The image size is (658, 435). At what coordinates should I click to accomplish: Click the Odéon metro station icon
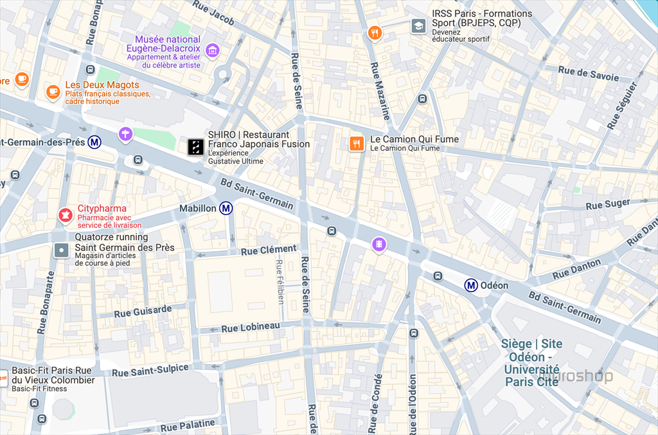(x=471, y=285)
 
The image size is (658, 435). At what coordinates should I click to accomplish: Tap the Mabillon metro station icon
(x=226, y=208)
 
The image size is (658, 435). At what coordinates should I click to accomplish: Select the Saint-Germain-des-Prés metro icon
(x=94, y=142)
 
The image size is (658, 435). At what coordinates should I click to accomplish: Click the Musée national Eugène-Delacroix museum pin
(x=213, y=50)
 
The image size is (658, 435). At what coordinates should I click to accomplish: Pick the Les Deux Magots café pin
(x=53, y=91)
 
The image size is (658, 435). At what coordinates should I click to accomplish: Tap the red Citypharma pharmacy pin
(x=65, y=215)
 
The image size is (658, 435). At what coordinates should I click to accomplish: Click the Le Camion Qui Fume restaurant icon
(x=357, y=143)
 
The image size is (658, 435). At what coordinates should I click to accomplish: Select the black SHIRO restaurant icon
(x=196, y=147)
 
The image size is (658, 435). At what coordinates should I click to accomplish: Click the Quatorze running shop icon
(x=61, y=250)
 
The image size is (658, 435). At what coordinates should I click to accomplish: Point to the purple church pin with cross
(x=126, y=134)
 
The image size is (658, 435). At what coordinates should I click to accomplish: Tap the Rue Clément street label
(x=269, y=250)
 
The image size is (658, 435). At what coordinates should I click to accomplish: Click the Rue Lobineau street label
(x=251, y=328)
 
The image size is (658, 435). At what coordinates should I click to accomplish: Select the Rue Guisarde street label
(x=143, y=311)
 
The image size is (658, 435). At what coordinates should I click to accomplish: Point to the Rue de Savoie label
(x=588, y=74)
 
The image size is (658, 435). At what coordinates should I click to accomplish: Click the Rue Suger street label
(x=608, y=205)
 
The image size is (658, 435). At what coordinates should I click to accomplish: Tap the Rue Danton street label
(x=576, y=268)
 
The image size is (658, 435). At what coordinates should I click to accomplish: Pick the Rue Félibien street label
(x=280, y=281)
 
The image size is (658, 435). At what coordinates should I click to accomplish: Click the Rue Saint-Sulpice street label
(x=150, y=371)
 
